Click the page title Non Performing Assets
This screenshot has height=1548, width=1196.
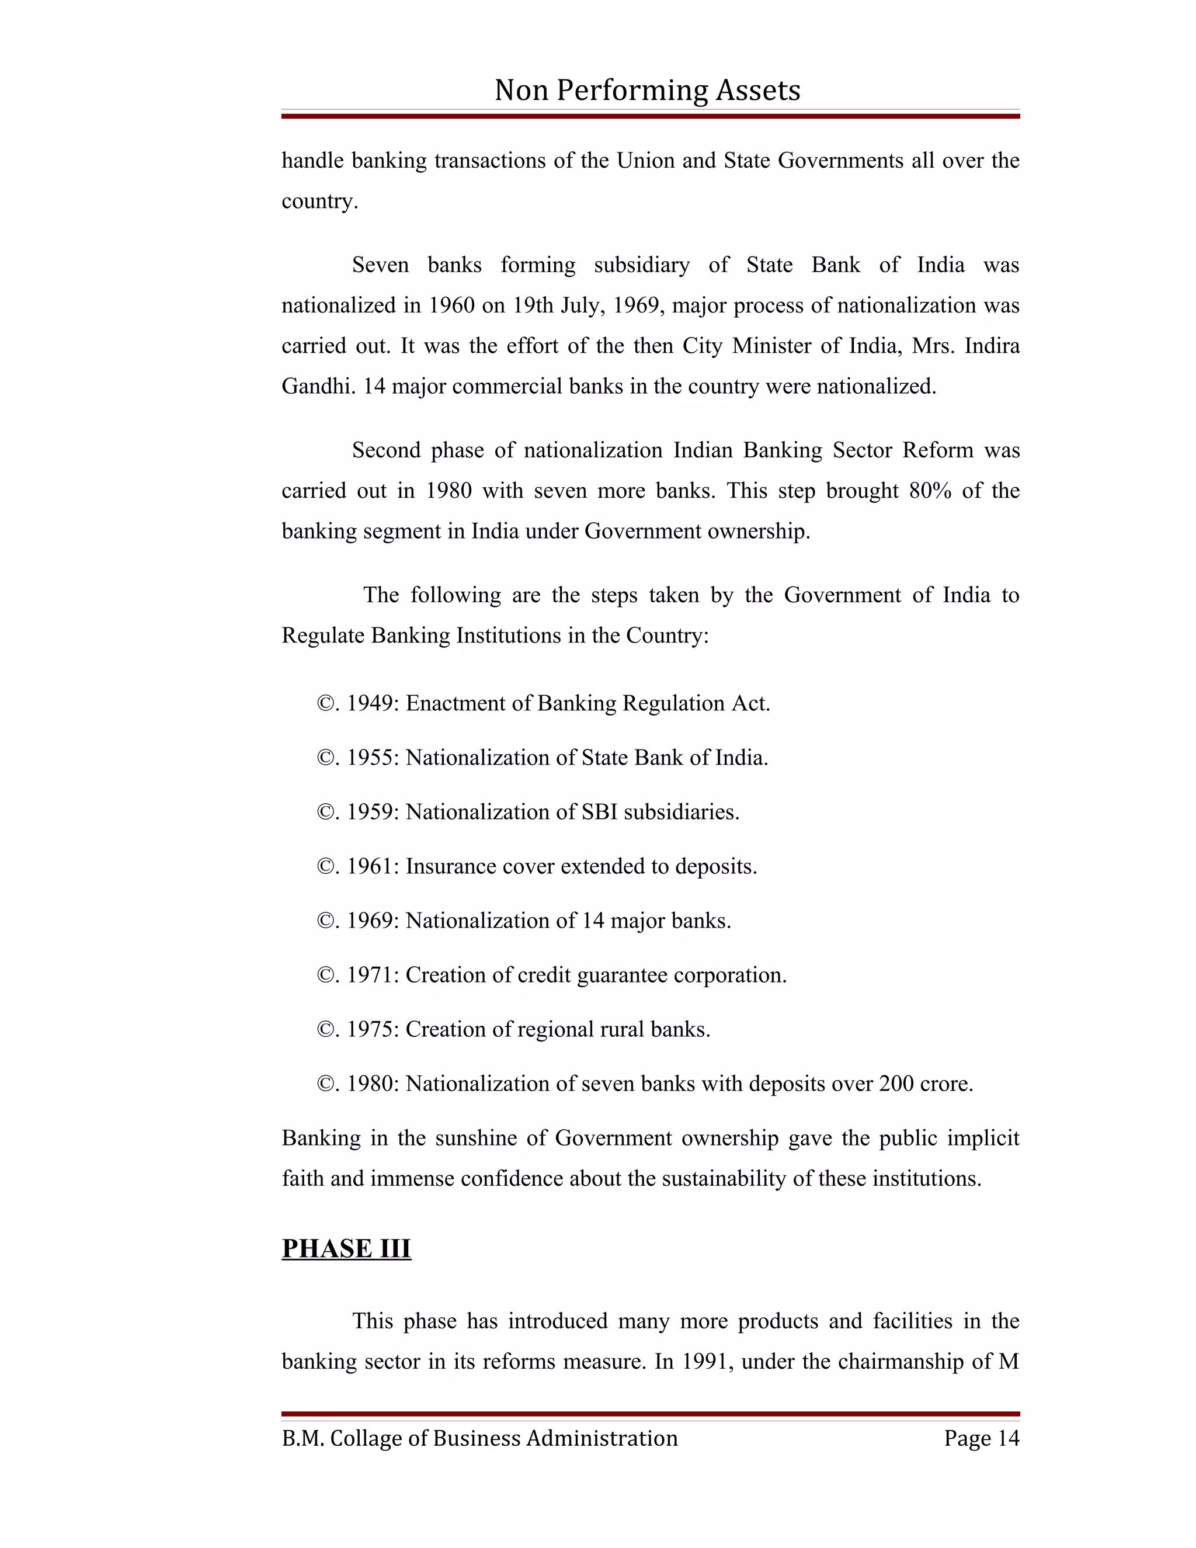click(647, 90)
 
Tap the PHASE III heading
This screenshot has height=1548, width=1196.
click(346, 1248)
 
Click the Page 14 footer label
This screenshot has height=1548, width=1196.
click(981, 1438)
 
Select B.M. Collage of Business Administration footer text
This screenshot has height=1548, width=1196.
click(479, 1438)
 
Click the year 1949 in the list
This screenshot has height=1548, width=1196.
click(373, 703)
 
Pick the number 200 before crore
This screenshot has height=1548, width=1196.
click(896, 1083)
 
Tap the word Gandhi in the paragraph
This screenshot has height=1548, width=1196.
click(319, 386)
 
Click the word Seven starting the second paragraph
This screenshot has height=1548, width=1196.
click(381, 265)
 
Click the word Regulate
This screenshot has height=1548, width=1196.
click(323, 635)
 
